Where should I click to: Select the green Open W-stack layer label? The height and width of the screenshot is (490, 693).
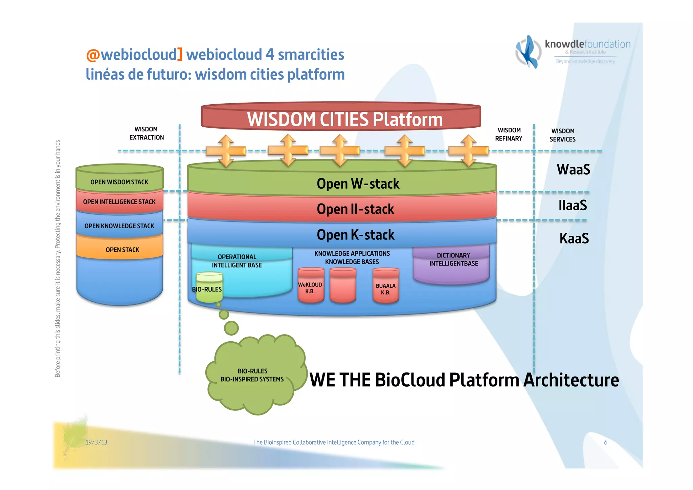pyautogui.click(x=358, y=184)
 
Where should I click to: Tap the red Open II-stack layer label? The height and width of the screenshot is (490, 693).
pyautogui.click(x=355, y=209)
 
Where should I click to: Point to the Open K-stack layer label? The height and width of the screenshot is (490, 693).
pyautogui.click(x=355, y=235)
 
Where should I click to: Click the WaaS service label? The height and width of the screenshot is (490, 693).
pyautogui.click(x=573, y=169)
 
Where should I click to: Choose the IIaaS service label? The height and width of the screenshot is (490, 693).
pyautogui.click(x=573, y=205)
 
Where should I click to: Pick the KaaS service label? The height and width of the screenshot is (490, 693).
pyautogui.click(x=574, y=238)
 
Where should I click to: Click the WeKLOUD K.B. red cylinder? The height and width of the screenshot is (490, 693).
pyautogui.click(x=310, y=286)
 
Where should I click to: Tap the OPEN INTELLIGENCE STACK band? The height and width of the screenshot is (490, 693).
pyautogui.click(x=119, y=202)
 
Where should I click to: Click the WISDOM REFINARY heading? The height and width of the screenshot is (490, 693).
pyautogui.click(x=509, y=134)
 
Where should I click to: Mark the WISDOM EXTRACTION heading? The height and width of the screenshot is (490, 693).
pyautogui.click(x=147, y=133)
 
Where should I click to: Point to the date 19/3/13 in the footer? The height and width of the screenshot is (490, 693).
pyautogui.click(x=96, y=442)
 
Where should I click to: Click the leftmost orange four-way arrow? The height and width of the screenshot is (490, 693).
pyautogui.click(x=226, y=151)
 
